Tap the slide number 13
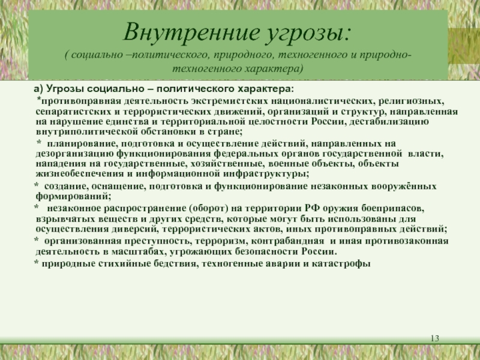click(434, 341)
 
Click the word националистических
click(321, 101)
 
